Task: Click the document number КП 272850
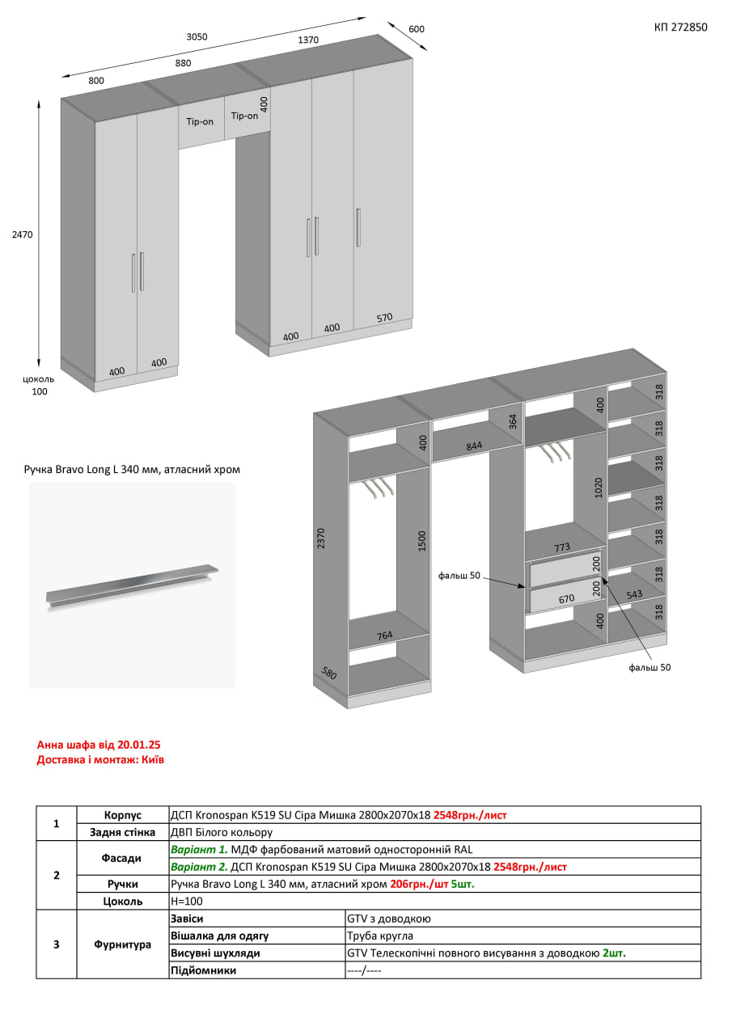click(680, 27)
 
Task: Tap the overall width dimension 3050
click(197, 36)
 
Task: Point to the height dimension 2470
click(22, 234)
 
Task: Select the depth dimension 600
click(417, 29)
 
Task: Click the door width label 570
click(384, 318)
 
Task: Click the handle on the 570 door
click(358, 227)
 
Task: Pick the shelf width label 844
click(474, 446)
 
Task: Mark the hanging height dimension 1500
click(421, 541)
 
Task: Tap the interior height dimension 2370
click(321, 539)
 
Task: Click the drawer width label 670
click(566, 599)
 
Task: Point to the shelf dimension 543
click(634, 594)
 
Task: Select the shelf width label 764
click(384, 636)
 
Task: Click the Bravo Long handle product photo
click(132, 585)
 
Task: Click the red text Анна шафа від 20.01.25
click(99, 745)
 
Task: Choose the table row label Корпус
click(122, 814)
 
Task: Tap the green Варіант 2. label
click(199, 867)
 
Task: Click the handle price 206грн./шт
click(419, 884)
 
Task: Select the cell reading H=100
click(187, 901)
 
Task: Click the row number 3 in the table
click(57, 944)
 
